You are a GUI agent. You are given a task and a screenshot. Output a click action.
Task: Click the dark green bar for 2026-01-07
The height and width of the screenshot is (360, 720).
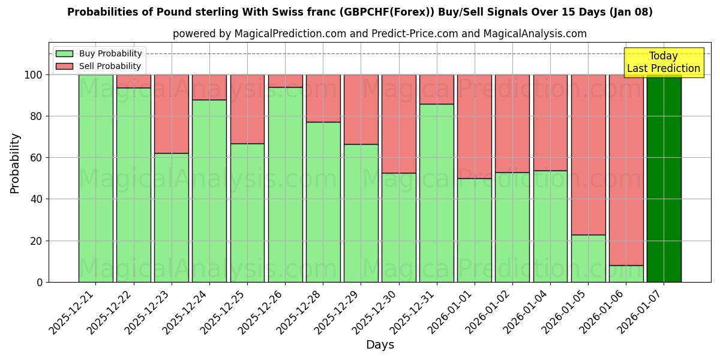[x=664, y=178]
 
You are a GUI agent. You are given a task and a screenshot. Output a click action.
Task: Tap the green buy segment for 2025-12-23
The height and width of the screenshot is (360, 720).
[x=171, y=217]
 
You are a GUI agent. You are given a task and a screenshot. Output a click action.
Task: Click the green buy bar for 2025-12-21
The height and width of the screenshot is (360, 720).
[x=95, y=178]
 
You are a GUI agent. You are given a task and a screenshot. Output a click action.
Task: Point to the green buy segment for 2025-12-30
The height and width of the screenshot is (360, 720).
[x=398, y=227]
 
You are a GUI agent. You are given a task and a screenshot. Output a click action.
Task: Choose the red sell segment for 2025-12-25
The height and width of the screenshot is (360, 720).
[x=247, y=109]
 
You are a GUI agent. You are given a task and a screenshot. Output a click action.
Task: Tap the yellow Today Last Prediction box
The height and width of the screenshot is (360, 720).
[x=663, y=62]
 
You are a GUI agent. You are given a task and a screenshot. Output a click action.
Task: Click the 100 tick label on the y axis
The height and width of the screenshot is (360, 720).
[x=34, y=75]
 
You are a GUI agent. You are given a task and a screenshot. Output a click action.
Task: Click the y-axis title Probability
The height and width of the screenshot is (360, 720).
[x=15, y=163]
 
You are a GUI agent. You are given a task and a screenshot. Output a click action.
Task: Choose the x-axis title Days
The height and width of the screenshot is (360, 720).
[x=380, y=345]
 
